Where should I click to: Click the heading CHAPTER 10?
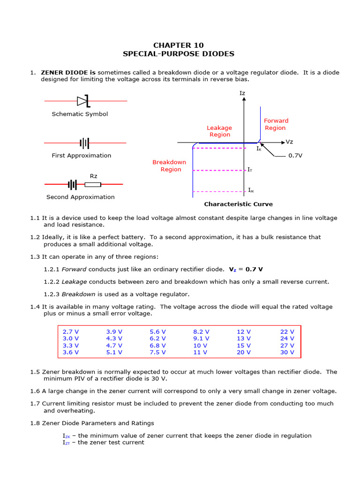[x=179, y=45]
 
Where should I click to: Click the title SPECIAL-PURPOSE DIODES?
[x=179, y=54]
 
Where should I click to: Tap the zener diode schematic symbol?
[x=83, y=101]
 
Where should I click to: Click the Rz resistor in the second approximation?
[x=93, y=184]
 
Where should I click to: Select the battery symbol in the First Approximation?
[x=84, y=142]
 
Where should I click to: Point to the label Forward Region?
[x=276, y=124]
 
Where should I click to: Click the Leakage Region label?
[x=219, y=131]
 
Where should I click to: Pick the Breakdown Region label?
[x=169, y=166]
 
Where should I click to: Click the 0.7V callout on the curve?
[x=295, y=156]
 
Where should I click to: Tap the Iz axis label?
[x=242, y=93]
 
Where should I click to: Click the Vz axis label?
[x=289, y=142]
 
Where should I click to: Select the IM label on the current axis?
[x=251, y=191]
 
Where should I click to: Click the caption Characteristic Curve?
[x=238, y=204]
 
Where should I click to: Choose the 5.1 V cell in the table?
[x=114, y=352]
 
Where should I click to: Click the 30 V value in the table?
[x=287, y=352]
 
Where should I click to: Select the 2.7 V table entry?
[x=71, y=331]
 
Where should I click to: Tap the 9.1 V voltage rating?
[x=201, y=338]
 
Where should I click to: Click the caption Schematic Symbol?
[x=80, y=114]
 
